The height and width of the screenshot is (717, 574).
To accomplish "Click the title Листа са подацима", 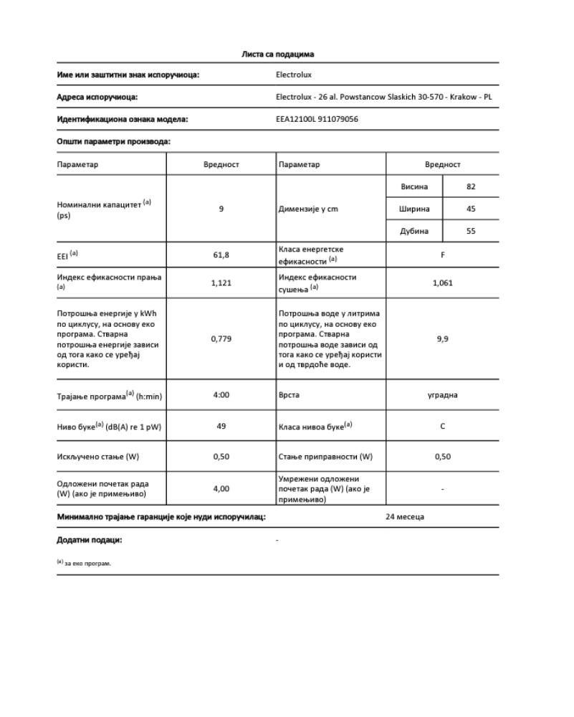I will pos(277,54).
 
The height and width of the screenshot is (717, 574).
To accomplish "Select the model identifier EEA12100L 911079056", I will pos(317,119).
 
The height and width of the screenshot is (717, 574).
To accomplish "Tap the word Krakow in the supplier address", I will pos(463,97).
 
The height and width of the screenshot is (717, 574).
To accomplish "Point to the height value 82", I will pos(471,186).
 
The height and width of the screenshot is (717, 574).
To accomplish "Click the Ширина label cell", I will pos(414,209).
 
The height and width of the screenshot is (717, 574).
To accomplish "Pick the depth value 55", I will pos(471,231).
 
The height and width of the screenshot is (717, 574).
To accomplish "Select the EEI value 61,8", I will pos(221,254).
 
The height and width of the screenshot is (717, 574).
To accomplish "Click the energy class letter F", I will pos(442,254).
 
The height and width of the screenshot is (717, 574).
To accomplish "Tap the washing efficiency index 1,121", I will pos(221,282).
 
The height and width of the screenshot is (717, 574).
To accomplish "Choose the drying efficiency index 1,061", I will pos(442,282).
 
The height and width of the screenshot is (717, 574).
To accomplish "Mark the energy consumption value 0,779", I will pos(221,338).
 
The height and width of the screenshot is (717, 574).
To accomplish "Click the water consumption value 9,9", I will pos(442,338).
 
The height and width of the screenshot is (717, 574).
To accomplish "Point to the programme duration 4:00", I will pos(221,394).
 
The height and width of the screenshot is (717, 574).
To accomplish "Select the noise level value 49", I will pos(221,426).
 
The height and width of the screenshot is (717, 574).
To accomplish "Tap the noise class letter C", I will pos(442,426).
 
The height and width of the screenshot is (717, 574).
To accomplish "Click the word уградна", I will pos(442,394).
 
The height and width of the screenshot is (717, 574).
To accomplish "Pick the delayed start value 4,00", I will pos(221,488).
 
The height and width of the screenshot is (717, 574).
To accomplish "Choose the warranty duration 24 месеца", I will pos(404,516).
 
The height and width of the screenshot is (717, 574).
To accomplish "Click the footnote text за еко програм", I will pos(87,564).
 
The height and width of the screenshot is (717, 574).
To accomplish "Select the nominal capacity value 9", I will pos(221,209).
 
